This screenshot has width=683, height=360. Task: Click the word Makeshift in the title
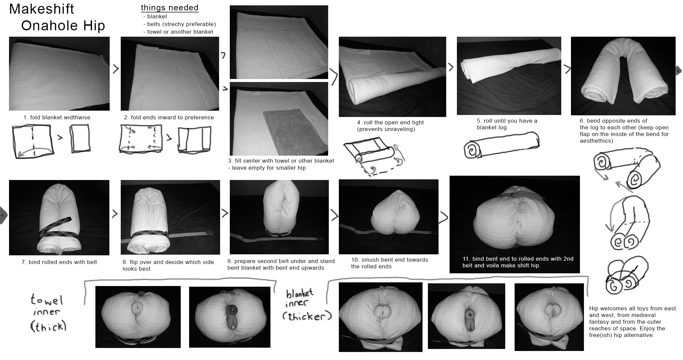tap(42, 9)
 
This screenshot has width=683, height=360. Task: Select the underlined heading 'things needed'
tap(170, 8)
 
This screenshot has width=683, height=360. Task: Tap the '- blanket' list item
tap(155, 16)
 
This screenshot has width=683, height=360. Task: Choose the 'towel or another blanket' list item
tap(178, 32)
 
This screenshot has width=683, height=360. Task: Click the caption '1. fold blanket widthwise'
tap(57, 117)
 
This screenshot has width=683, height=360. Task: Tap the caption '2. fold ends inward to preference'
tap(169, 117)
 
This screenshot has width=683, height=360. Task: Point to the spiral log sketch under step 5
tap(501, 145)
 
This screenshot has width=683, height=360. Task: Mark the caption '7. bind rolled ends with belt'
tap(59, 262)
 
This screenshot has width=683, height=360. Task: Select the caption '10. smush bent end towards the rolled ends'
tap(390, 263)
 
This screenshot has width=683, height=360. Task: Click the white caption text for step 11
tap(518, 262)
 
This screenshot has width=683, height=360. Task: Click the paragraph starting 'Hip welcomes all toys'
tap(633, 322)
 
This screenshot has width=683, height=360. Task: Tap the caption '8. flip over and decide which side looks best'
tap(168, 265)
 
